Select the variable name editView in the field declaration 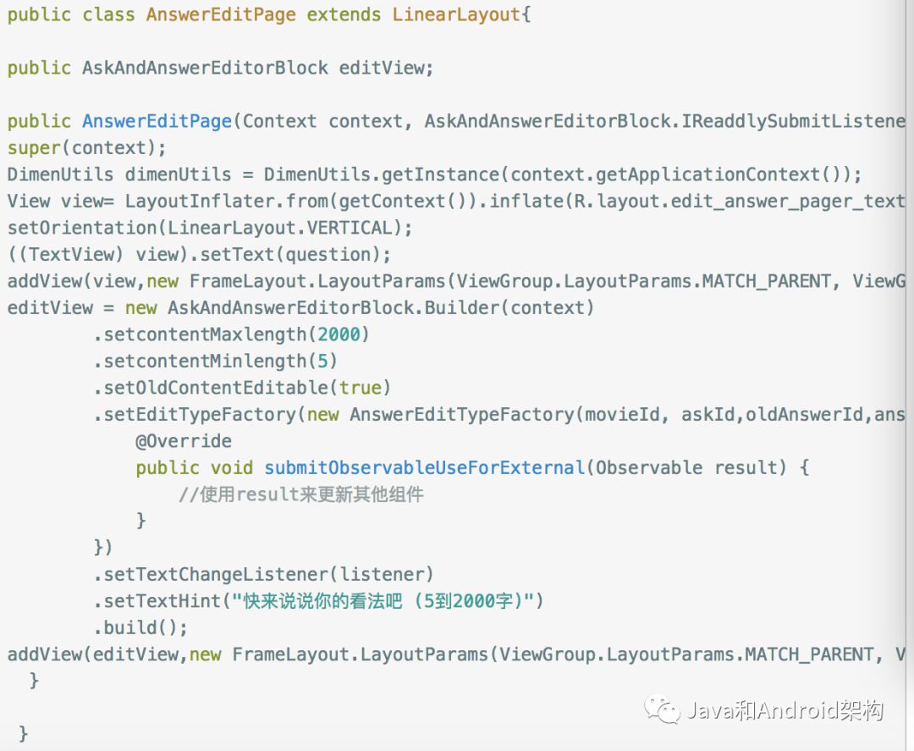point(382,68)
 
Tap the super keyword point(34,148)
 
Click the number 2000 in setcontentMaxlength point(344,334)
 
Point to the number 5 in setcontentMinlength point(322,362)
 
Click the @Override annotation point(183,441)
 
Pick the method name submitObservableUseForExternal point(424,468)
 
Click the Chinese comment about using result point(300,494)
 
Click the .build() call point(140,628)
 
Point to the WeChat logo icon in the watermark point(662,709)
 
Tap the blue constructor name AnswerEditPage point(157,121)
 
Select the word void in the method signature point(232,468)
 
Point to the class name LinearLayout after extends point(457,14)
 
